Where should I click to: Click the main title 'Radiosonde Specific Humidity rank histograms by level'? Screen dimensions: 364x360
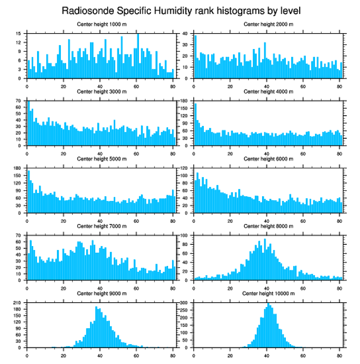[x=181, y=10]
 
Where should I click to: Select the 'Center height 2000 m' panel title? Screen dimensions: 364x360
[x=268, y=24]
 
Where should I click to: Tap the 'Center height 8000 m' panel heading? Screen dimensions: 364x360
[x=268, y=226]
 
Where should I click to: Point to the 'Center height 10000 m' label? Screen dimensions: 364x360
[x=268, y=293]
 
